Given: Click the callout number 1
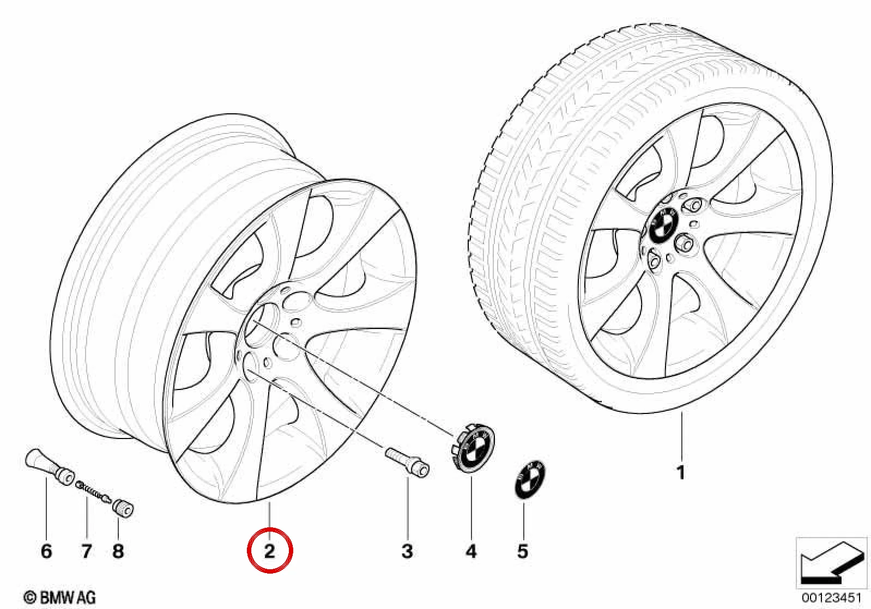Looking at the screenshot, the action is pos(680,473).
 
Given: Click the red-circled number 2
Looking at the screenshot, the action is pos(269,551).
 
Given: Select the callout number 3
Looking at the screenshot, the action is pos(407,551).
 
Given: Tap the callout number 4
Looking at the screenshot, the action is pos(471,551).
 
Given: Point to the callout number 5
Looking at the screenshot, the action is pos(523,551).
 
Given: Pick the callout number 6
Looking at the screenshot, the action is pos(46,551).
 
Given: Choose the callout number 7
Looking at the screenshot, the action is pos(86,551).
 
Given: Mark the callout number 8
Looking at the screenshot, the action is pos(118,551).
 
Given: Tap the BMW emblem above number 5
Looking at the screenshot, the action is pos(530,481).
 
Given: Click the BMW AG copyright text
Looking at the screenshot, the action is pos(59,598).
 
